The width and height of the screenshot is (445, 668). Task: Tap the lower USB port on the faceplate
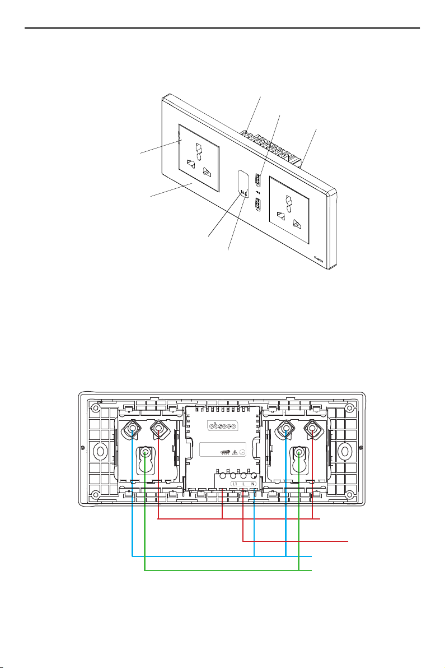(x=257, y=205)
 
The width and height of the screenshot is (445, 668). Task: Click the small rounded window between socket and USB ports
(x=243, y=190)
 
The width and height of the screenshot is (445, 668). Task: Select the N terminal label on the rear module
(x=254, y=484)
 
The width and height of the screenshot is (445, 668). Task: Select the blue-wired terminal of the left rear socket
(x=132, y=430)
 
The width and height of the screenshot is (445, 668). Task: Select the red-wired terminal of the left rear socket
(x=159, y=430)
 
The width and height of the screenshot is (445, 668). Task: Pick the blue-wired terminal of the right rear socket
(x=286, y=430)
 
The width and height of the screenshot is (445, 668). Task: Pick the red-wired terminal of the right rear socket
(x=312, y=430)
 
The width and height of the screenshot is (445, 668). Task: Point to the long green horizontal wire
(x=224, y=570)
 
